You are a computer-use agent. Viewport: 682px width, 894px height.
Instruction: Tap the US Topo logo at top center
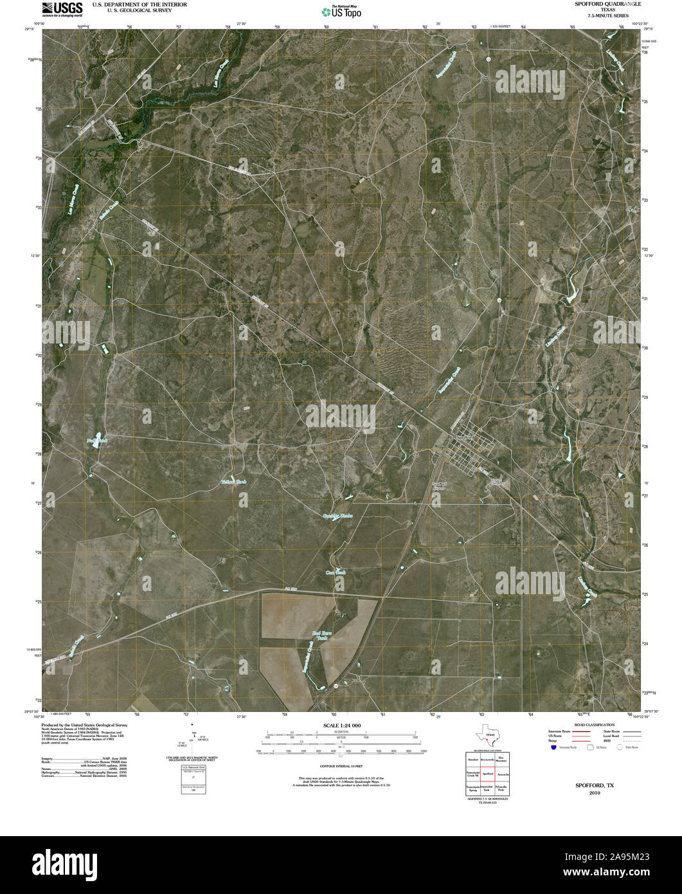tap(341, 10)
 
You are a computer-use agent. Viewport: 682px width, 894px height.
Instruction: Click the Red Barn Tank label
tap(321, 636)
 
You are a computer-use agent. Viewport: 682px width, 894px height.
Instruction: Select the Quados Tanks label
tap(337, 516)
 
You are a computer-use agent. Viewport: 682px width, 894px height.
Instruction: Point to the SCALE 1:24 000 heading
tap(341, 725)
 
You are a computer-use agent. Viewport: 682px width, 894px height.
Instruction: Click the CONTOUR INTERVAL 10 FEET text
tap(341, 766)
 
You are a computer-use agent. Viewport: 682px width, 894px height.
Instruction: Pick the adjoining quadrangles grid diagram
tap(487, 774)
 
